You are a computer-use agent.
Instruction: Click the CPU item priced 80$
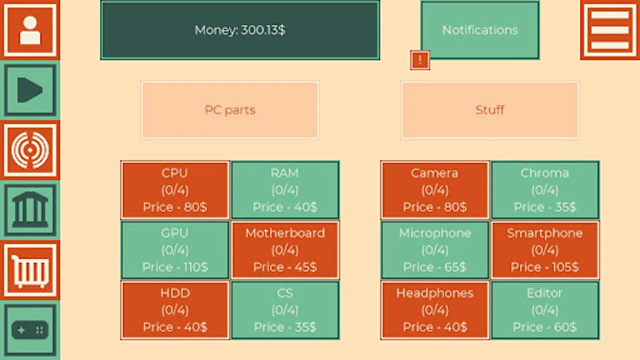point(175,190)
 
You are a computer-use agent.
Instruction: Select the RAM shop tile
point(285,190)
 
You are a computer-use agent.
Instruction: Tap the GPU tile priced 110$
point(175,250)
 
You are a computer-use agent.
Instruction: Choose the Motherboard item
point(285,250)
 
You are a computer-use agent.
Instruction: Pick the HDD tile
point(175,310)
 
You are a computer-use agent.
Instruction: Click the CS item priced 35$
point(285,310)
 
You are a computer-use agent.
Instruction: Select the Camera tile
point(435,190)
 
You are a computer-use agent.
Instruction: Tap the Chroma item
point(545,190)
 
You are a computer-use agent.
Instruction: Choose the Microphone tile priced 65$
point(435,250)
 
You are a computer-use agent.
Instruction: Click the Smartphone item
point(545,250)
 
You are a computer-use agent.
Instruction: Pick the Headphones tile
point(435,310)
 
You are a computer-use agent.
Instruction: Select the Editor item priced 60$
point(545,310)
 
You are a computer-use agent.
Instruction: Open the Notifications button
point(480,30)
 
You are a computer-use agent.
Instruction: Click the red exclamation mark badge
point(420,60)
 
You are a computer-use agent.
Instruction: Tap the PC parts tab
point(230,110)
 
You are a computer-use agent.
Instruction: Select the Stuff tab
point(490,110)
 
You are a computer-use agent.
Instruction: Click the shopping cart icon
point(30,270)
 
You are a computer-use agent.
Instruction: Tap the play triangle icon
point(30,90)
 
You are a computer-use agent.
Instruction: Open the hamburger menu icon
point(610,30)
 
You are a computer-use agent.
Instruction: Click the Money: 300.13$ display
point(240,30)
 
